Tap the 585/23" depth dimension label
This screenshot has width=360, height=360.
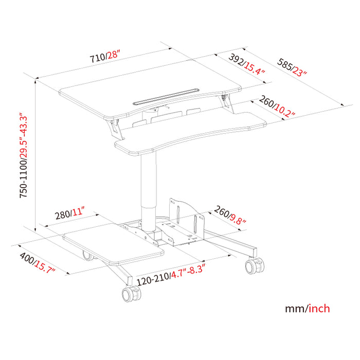pyautogui.click(x=292, y=66)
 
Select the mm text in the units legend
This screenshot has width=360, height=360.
pyautogui.click(x=295, y=309)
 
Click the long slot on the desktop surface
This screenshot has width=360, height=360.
pyautogui.click(x=165, y=96)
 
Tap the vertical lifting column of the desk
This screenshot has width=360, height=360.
pyautogui.click(x=148, y=190)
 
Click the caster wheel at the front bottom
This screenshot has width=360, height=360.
pyautogui.click(x=131, y=295)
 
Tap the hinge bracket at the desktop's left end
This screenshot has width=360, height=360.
pyautogui.click(x=117, y=128)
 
